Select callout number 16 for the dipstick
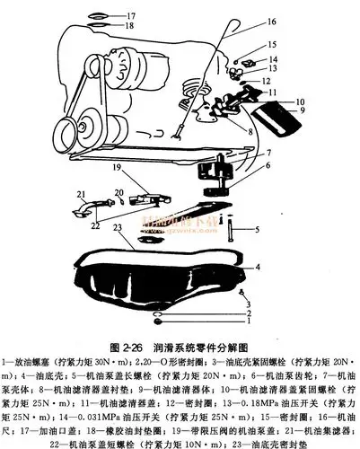pyautogui.click(x=246, y=22)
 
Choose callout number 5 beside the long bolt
pyautogui.click(x=256, y=229)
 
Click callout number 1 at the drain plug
pyautogui.click(x=248, y=320)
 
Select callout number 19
pyautogui.click(x=116, y=166)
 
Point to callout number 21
pyautogui.click(x=79, y=192)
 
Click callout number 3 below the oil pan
pyautogui.click(x=248, y=304)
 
